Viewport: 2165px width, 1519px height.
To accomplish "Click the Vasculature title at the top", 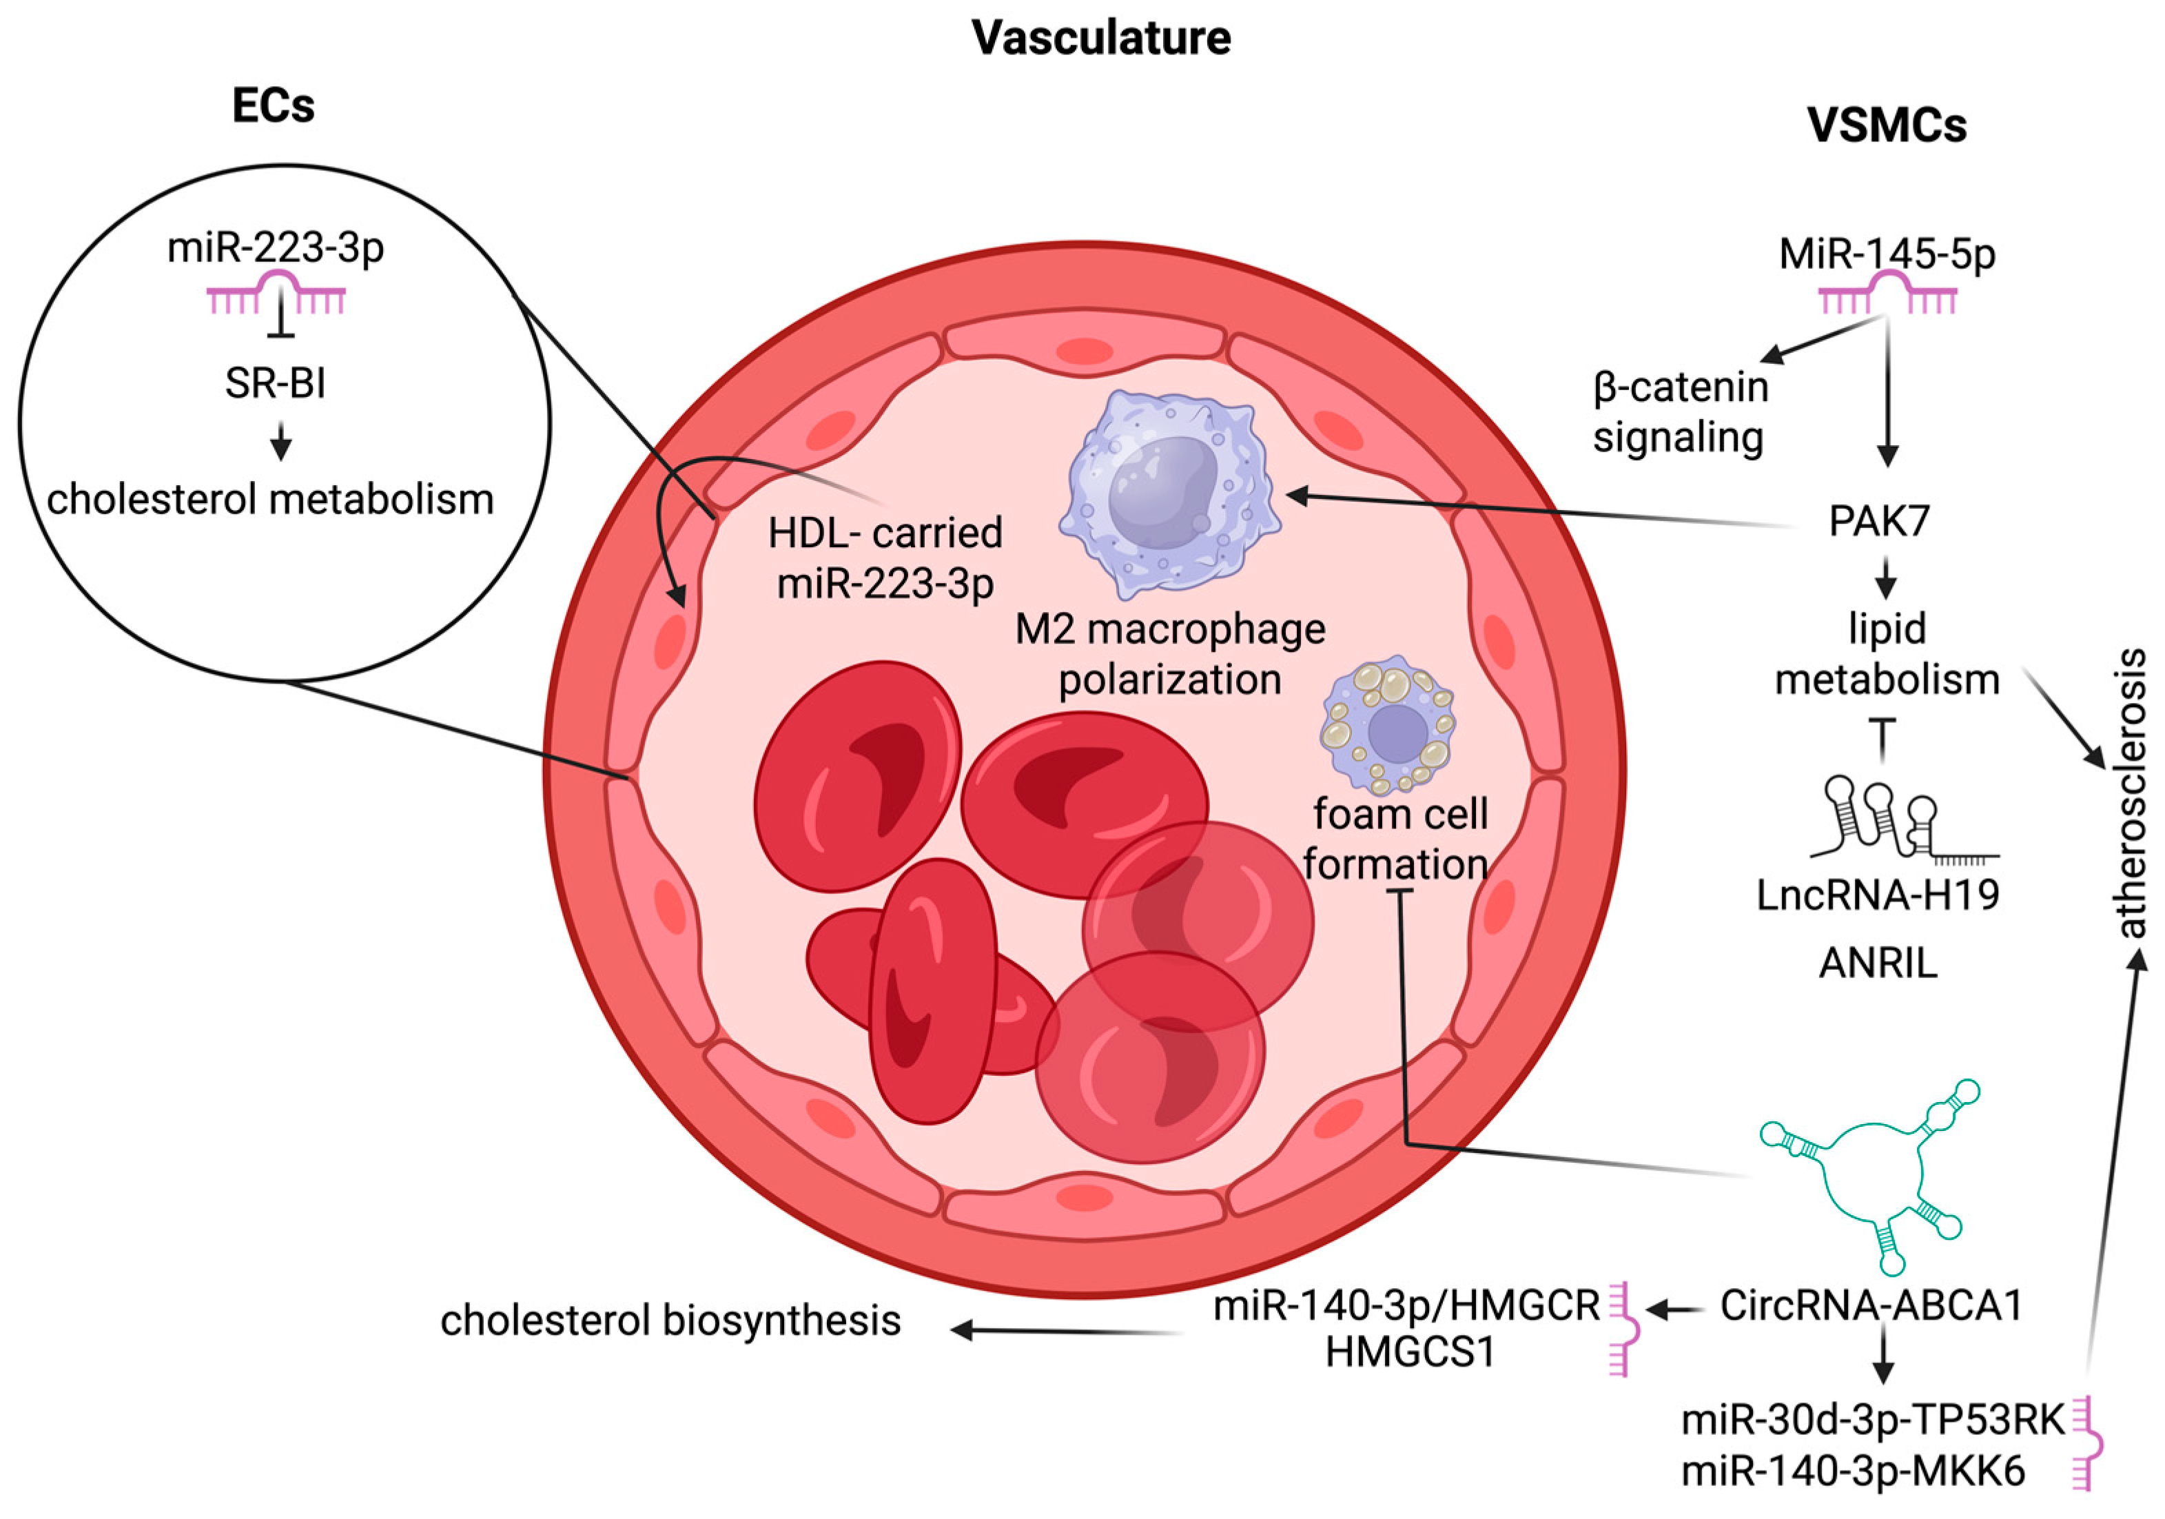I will click(x=1100, y=39).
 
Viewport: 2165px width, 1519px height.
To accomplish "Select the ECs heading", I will click(x=274, y=105).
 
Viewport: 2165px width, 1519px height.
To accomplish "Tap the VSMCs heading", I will click(x=1886, y=125).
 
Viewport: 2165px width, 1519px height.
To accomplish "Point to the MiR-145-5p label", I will click(x=1887, y=254).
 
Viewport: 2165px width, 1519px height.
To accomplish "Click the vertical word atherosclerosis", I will click(x=2129, y=792).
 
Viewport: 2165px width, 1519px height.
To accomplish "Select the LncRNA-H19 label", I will click(x=1878, y=895).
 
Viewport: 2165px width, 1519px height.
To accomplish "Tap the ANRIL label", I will click(x=1878, y=964).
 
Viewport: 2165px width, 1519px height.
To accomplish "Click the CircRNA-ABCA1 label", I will click(x=1871, y=1306).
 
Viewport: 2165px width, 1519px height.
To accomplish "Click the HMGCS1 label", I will click(x=1410, y=1353).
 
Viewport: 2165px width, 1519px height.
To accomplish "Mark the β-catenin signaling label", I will click(x=1681, y=412).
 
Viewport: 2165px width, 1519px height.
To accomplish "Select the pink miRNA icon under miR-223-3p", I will click(x=276, y=294).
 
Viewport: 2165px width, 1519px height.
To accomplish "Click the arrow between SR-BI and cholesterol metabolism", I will click(x=280, y=440).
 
